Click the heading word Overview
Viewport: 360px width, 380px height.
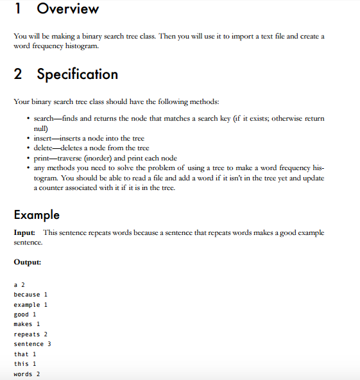(x=68, y=9)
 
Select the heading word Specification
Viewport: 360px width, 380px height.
(x=77, y=74)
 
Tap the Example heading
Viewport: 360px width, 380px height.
(x=37, y=214)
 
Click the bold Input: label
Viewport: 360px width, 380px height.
(x=25, y=232)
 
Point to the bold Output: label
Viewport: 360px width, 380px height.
(x=27, y=262)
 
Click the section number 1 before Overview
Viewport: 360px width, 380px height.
(x=18, y=9)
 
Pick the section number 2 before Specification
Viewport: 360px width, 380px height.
(x=19, y=74)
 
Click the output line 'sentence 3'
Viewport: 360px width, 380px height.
(x=32, y=344)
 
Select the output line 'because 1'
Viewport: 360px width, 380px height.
(x=31, y=295)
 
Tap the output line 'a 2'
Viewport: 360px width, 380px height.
(x=19, y=284)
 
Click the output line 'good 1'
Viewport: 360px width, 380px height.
(x=24, y=315)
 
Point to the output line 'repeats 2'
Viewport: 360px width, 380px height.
(x=31, y=334)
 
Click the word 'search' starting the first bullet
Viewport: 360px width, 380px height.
(x=44, y=119)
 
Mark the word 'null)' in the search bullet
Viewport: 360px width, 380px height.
(x=40, y=128)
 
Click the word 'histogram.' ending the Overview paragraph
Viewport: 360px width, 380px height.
(x=81, y=47)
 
